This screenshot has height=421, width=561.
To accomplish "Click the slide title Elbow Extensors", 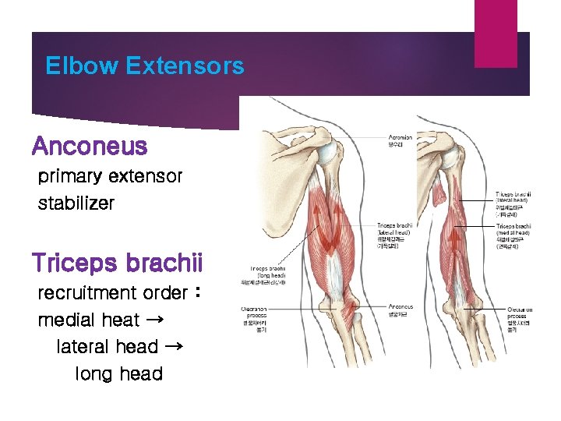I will (144, 65).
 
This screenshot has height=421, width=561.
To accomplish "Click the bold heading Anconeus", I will (89, 146).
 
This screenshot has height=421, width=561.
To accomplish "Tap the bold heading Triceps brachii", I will (117, 263).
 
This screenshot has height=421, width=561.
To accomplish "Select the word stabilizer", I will (76, 203).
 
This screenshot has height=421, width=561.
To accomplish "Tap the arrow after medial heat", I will (153, 320).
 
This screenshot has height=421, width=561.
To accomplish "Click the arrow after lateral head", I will (174, 346).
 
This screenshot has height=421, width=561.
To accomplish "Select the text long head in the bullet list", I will (118, 373).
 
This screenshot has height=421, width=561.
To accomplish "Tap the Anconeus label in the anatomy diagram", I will (400, 310).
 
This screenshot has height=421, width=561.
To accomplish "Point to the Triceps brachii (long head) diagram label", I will (266, 273).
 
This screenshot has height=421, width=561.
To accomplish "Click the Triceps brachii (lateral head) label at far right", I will (513, 198).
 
